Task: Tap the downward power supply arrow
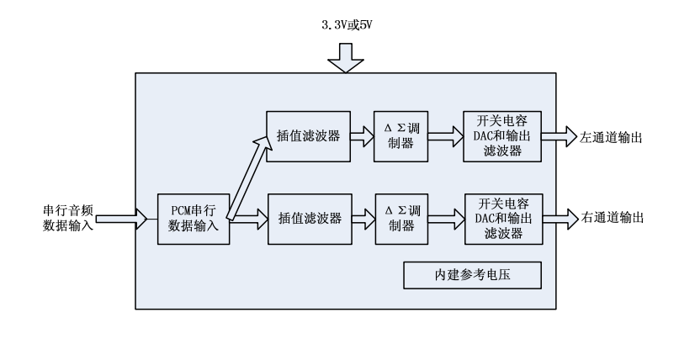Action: [x=345, y=59]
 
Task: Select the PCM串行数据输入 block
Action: [x=194, y=219]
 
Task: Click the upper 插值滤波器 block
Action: [x=305, y=135]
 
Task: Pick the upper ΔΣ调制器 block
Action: [x=400, y=135]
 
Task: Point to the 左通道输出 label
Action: [x=610, y=136]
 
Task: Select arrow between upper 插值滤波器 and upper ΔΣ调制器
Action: [x=358, y=135]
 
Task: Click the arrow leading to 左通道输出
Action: [x=557, y=135]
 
